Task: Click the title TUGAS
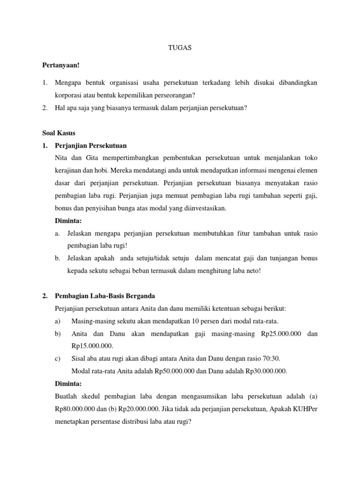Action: coord(180,48)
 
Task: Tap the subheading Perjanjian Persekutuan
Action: coord(90,145)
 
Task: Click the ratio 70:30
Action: coord(271,359)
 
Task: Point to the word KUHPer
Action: coord(306,408)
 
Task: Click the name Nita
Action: coord(61,158)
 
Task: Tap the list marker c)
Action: coord(58,359)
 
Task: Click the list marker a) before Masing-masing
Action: coord(58,321)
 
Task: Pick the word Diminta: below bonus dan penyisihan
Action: coord(68,220)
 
